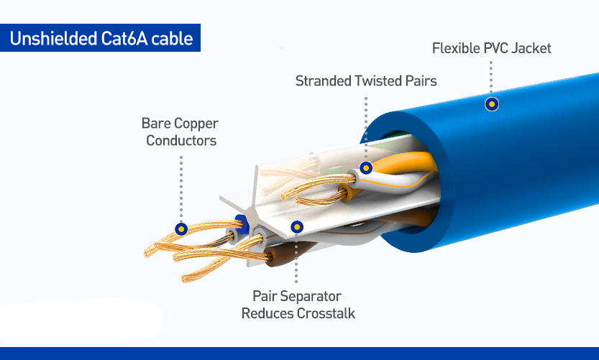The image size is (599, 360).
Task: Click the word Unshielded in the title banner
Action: click(53, 39)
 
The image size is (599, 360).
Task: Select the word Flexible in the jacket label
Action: click(456, 48)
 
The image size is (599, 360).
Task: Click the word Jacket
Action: click(531, 48)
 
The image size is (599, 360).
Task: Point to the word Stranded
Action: click(324, 81)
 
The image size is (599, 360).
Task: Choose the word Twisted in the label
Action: click(376, 81)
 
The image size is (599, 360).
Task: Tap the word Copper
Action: click(195, 124)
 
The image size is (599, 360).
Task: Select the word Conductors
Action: click(181, 141)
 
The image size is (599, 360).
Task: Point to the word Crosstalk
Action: click(326, 313)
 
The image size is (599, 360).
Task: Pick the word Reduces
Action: click(268, 313)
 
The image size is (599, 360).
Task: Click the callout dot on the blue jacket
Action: click(492, 104)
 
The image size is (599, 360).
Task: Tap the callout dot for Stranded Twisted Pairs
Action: click(366, 167)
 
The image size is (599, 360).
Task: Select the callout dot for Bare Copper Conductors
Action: click(181, 229)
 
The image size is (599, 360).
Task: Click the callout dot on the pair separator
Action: click(297, 227)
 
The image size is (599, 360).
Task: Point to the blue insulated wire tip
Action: click(242, 224)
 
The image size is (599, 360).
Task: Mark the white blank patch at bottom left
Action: click(81, 320)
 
